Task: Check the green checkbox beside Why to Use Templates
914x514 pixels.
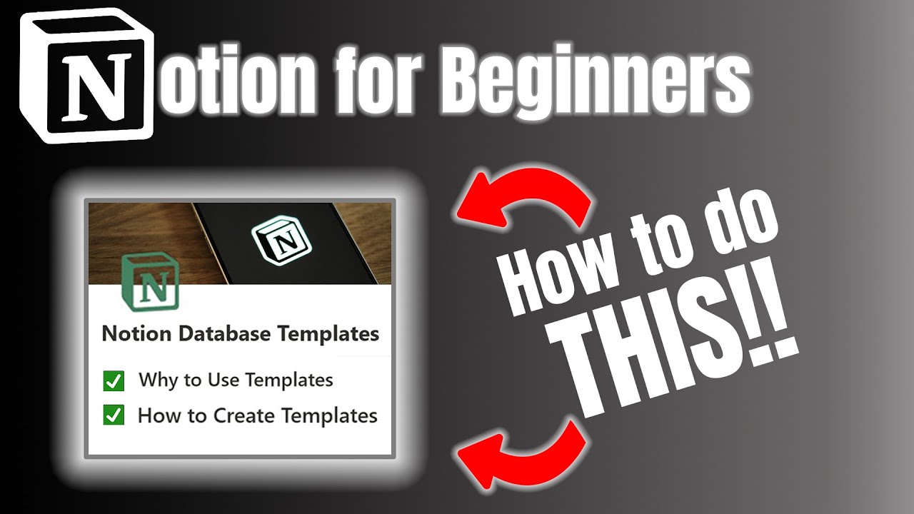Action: [114, 381]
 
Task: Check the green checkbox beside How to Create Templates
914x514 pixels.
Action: [114, 415]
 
